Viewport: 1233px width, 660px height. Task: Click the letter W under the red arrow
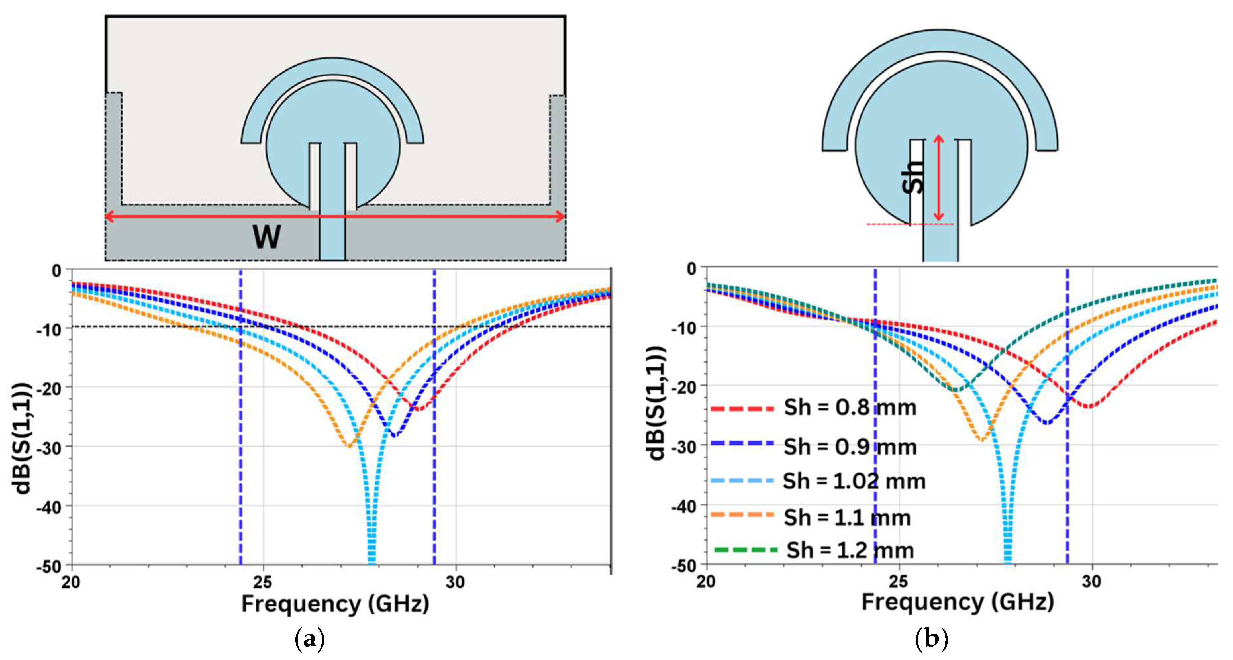(267, 237)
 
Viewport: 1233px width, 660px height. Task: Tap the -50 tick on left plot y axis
(49, 567)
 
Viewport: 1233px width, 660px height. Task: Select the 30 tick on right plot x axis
(1092, 582)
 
